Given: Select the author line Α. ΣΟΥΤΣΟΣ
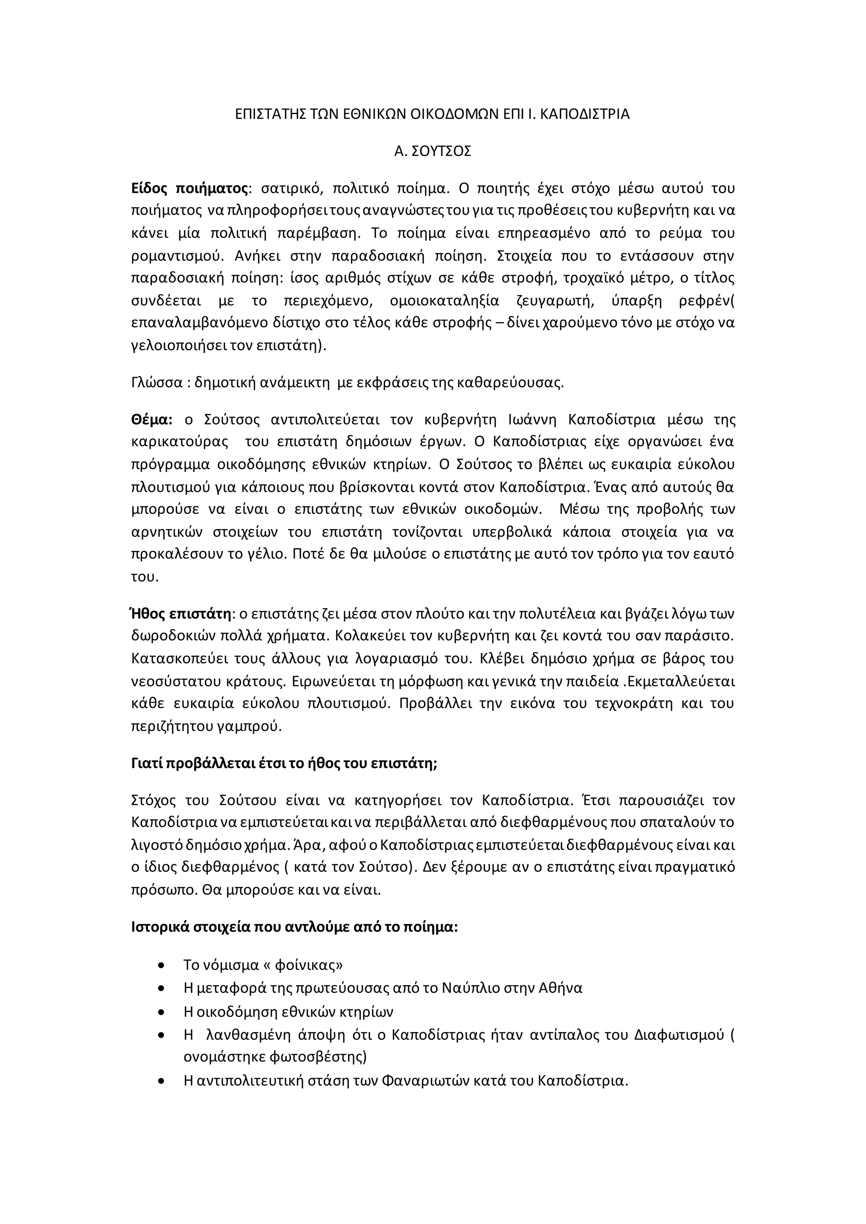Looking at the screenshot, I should (433, 152).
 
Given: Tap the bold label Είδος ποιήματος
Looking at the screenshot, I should (189, 189).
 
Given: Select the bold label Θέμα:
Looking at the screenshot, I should (151, 420).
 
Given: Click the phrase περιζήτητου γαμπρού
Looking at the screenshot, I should (206, 726).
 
